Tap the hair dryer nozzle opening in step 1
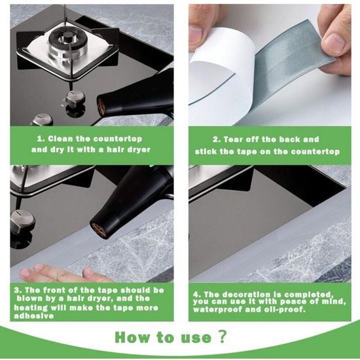101,107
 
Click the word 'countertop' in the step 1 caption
118,139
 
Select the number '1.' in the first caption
41,139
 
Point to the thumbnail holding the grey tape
334,43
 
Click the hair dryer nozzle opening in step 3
99,229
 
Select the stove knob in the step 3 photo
22,219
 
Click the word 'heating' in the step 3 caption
30,308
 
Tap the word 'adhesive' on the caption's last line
34,316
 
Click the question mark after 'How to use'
222,337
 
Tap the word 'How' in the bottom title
132,337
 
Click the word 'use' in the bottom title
196,338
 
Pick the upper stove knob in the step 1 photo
75,98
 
